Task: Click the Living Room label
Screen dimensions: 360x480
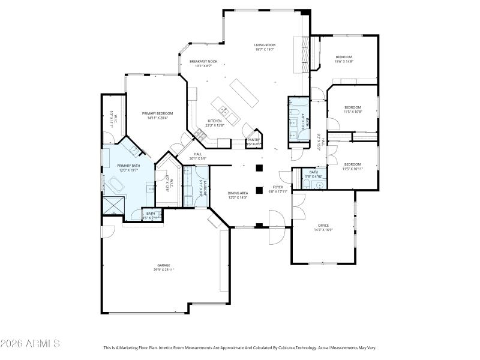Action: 264,45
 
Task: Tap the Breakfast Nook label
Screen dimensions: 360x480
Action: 203,61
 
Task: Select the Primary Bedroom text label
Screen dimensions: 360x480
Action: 157,113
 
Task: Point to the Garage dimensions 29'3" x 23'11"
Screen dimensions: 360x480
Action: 164,270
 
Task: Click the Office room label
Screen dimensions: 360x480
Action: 322,226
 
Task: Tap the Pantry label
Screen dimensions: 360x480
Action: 253,140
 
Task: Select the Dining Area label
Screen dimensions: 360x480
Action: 238,193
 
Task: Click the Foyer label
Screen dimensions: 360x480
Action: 278,187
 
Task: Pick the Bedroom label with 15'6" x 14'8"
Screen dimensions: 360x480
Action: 344,57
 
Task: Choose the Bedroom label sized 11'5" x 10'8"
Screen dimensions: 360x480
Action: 352,107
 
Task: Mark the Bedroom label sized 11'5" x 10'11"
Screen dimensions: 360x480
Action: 352,164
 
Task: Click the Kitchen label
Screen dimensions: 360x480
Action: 215,121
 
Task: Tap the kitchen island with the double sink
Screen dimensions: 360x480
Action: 223,110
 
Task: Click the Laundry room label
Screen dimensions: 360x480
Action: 205,188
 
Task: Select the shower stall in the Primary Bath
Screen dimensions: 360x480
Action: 113,206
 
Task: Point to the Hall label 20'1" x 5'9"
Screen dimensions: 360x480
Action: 197,154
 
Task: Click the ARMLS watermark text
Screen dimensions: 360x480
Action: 30,344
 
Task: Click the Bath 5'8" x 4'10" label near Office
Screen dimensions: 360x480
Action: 314,172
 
